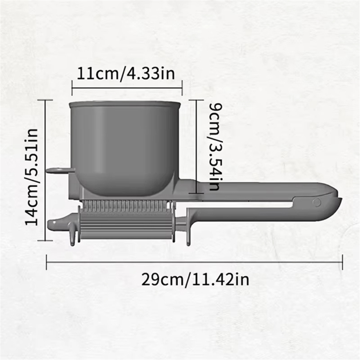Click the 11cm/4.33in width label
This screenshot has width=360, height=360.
click(x=125, y=73)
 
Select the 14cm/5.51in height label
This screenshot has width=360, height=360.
click(x=31, y=177)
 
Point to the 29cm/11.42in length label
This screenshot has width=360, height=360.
click(x=195, y=279)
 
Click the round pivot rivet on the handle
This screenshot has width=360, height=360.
click(x=317, y=202)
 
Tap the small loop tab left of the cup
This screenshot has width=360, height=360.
click(x=60, y=171)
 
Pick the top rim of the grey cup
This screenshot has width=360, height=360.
click(x=125, y=104)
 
